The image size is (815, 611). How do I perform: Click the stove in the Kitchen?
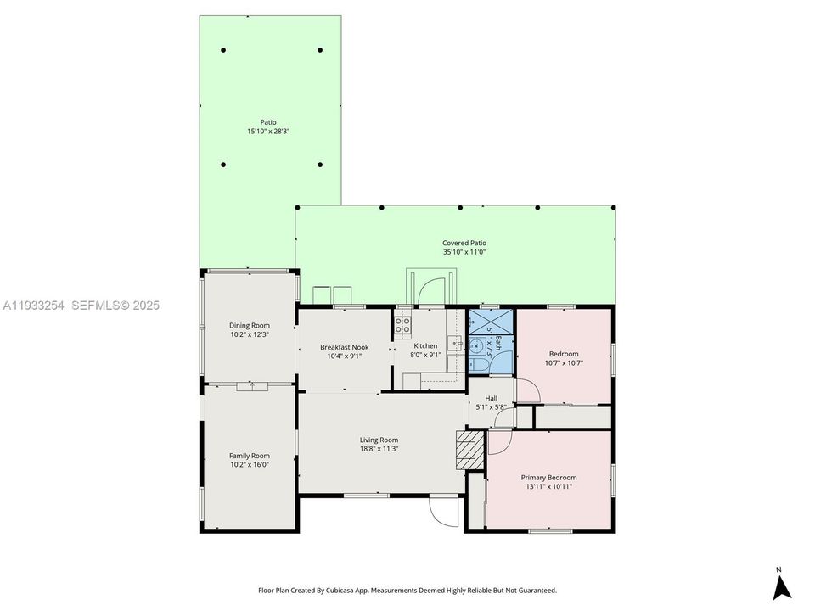click(402, 324)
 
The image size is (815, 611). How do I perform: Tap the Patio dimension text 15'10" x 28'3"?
click(267, 132)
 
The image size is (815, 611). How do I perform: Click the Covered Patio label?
click(464, 243)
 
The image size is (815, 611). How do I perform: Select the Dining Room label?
click(250, 325)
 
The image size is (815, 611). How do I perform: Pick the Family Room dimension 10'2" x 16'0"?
click(250, 464)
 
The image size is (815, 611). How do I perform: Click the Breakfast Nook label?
click(344, 347)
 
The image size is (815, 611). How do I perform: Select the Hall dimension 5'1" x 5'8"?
click(491, 407)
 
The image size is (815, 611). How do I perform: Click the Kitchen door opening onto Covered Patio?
click(432, 290)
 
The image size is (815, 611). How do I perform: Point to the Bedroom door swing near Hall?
click(527, 391)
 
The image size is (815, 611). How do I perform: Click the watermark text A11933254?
click(35, 305)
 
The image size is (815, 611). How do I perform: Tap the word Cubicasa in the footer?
click(354, 590)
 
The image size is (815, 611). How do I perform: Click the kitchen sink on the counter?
click(455, 344)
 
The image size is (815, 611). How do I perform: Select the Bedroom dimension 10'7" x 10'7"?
click(564, 363)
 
